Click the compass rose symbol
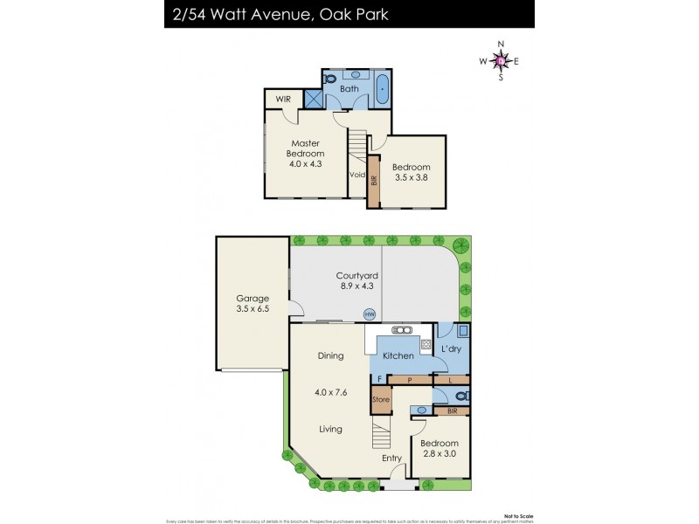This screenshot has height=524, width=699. click(501, 60)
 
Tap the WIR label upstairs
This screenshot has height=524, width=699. click(283, 100)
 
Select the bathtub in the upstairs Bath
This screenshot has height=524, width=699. click(383, 88)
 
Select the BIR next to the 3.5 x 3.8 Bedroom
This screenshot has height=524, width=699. click(374, 181)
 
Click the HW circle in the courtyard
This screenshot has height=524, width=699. click(369, 315)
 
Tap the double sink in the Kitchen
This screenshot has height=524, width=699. click(403, 330)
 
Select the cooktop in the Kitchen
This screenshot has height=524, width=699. click(426, 345)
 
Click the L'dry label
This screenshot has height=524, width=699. click(451, 349)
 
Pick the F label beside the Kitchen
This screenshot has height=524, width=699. click(379, 379)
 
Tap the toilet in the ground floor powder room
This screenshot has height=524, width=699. click(463, 396)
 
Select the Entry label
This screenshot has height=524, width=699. click(391, 457)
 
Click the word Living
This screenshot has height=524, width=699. click(329, 429)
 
